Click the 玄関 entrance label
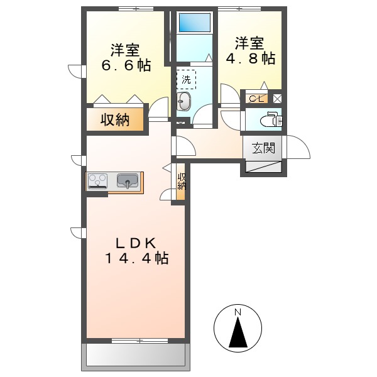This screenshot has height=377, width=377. pos(264,149)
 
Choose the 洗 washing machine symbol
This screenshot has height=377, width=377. pos(186,80)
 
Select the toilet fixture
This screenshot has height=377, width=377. pos(270,118)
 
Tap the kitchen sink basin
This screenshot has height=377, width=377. pos(128,181)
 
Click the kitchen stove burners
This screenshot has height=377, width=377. pos(98,181)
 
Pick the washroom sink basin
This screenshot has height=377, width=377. pos(183,102)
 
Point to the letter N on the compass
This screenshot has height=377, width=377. pos(238,312)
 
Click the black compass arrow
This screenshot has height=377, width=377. pos(238,332)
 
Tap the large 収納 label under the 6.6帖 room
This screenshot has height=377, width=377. pos(116,119)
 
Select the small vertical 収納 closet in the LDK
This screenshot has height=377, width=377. pos(182,182)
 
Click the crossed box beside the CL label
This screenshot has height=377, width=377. pos(277,98)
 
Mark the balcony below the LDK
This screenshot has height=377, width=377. pos(136,356)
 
